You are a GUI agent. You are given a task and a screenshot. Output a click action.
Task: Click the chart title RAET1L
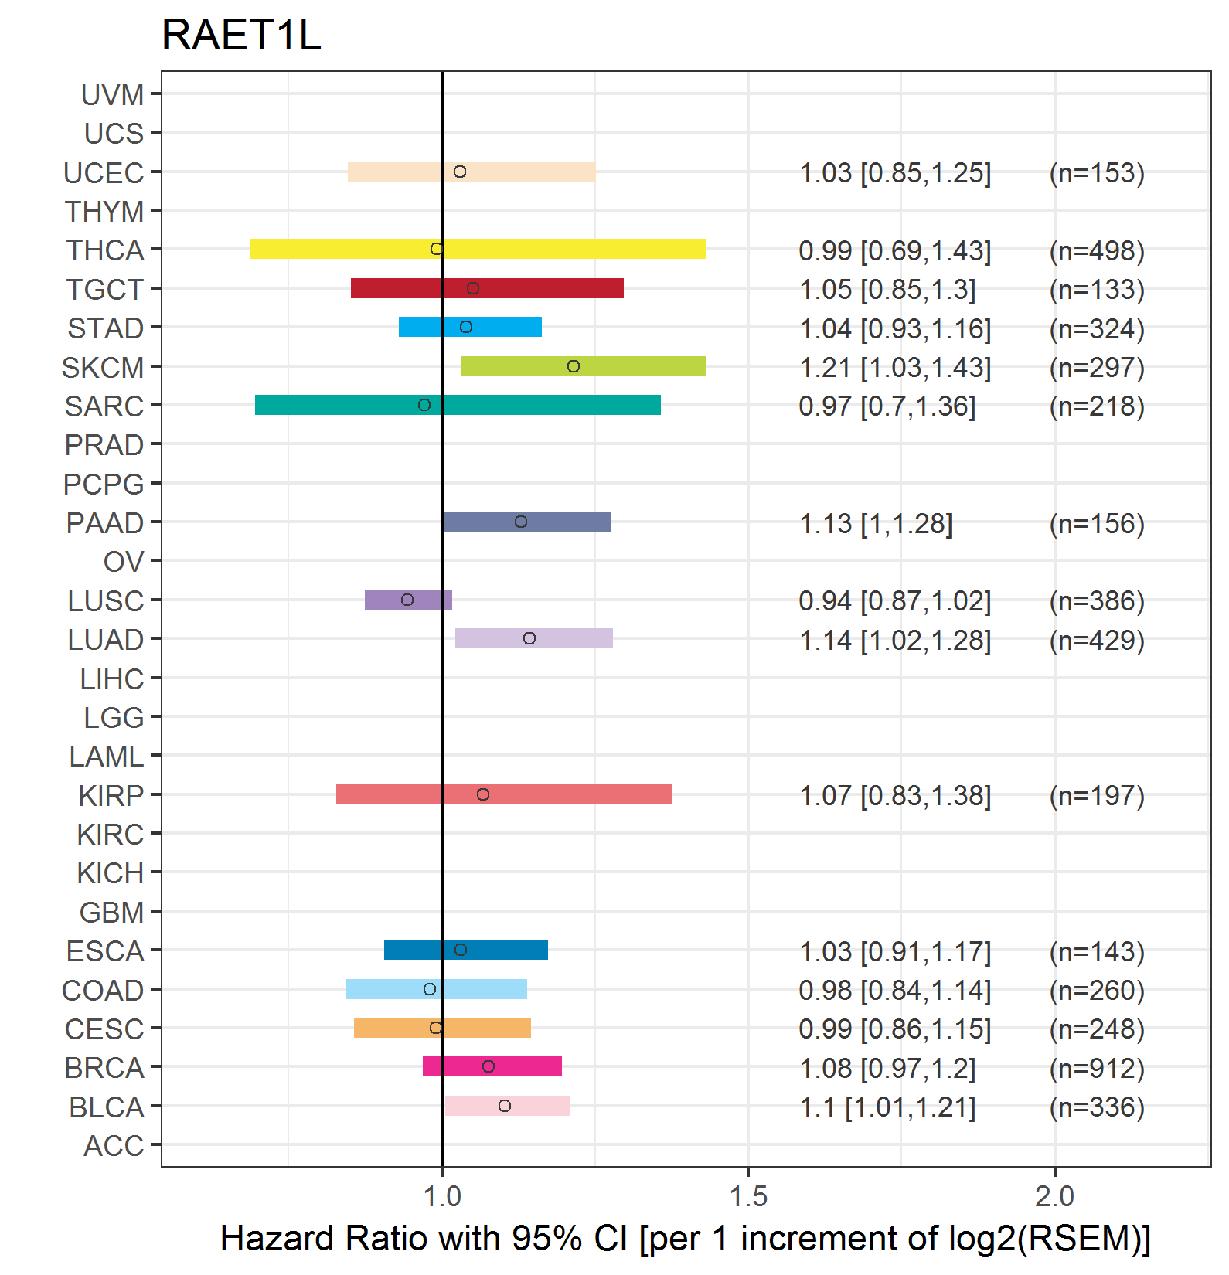coord(241,36)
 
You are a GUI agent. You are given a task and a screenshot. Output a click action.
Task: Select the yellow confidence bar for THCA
coord(478,249)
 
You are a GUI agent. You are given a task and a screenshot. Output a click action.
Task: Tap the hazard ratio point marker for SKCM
coord(574,366)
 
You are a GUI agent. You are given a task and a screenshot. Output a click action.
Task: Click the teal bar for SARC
coord(458,405)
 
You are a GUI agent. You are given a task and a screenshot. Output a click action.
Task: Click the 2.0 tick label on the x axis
coord(1055,1196)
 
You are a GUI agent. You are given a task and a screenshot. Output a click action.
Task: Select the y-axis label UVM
coord(113,95)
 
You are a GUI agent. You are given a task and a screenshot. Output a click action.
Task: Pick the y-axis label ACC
coord(114,1146)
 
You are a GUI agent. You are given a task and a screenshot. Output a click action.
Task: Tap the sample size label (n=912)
coord(1097,1068)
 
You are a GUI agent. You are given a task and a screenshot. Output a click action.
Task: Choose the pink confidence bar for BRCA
coord(492,1066)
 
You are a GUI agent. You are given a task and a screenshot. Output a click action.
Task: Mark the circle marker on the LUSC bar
coord(407,600)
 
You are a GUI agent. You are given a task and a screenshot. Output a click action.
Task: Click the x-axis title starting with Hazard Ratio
coord(686,1239)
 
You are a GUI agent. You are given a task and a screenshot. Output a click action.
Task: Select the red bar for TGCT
coord(487,288)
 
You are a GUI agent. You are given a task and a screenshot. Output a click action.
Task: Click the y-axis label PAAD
coord(105,523)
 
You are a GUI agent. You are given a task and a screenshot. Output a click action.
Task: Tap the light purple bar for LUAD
coord(534,638)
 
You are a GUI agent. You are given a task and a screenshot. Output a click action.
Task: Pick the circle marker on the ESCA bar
coord(461,950)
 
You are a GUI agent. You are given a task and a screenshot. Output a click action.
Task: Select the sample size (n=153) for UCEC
coord(1097,172)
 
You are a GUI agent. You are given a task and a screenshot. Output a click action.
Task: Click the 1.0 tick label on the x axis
coord(442,1196)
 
